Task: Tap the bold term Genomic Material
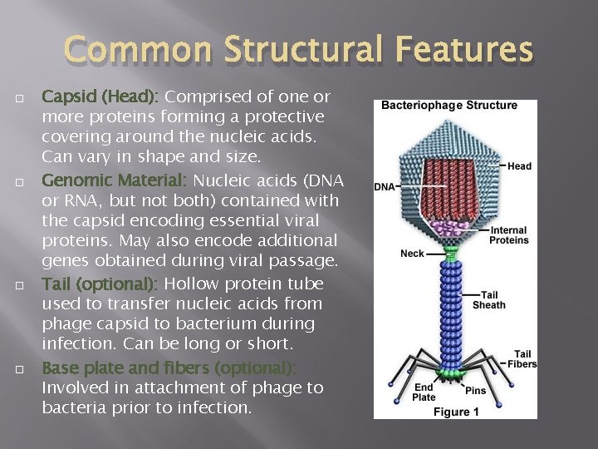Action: point(112,180)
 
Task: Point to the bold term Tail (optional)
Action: point(100,284)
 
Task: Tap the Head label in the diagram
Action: point(519,166)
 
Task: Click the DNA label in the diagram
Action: point(385,187)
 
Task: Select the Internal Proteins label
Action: point(509,235)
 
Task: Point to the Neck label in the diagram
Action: point(412,254)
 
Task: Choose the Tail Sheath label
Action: point(488,299)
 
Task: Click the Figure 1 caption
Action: point(456,412)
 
